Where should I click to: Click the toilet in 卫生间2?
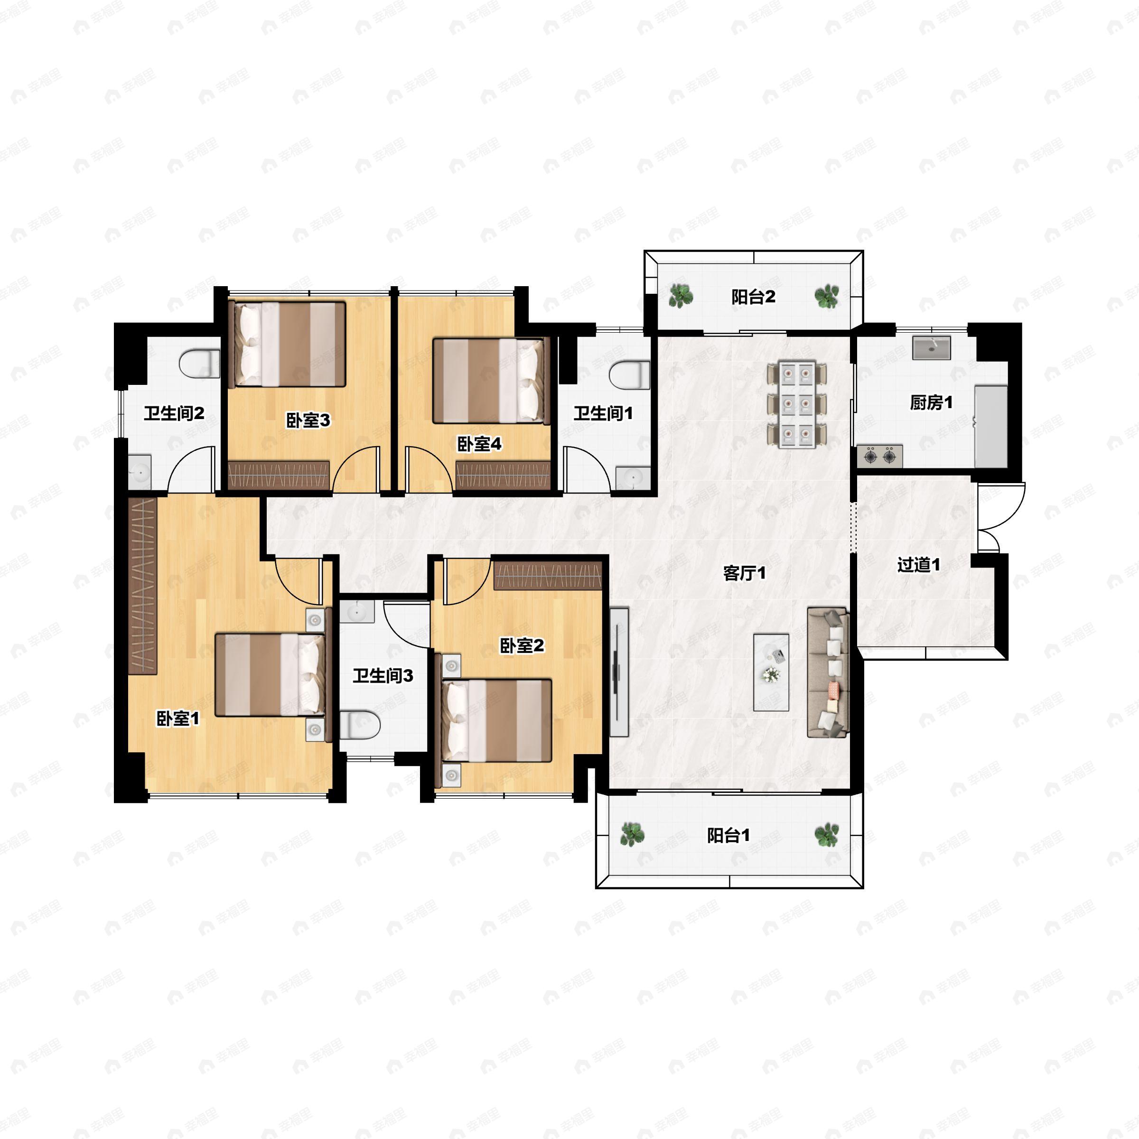(199, 364)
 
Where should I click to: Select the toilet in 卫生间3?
(360, 725)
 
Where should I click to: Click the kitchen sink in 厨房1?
(931, 347)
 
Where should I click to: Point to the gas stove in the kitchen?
(879, 456)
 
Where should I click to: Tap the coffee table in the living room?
(771, 672)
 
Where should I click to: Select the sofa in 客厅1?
(828, 672)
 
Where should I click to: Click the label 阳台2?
(753, 297)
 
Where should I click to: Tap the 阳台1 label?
(728, 835)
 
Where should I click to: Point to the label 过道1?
(918, 564)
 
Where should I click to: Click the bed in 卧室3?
(287, 344)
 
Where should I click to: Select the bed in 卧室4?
(491, 380)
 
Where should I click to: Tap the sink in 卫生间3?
(357, 612)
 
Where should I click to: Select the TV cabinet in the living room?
(618, 672)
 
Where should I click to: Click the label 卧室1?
(177, 719)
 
